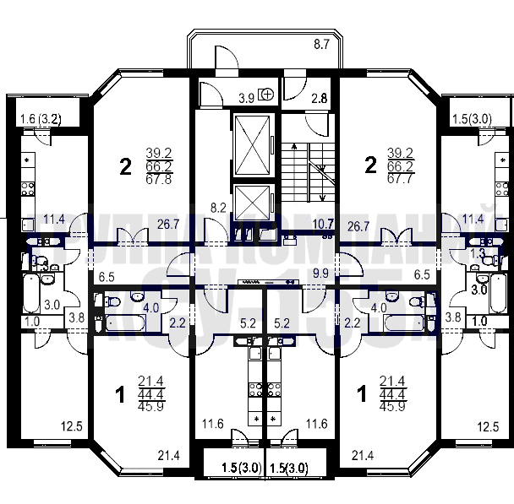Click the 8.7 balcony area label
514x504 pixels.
point(321,44)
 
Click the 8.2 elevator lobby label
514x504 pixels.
point(217,205)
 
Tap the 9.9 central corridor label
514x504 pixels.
point(320,274)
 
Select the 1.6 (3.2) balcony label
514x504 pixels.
point(38,119)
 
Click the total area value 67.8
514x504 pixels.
point(158,178)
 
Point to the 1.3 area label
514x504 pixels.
point(478,252)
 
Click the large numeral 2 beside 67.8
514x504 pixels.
point(125,166)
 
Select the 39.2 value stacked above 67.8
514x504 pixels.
point(158,153)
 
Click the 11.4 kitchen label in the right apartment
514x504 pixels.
point(473,219)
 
